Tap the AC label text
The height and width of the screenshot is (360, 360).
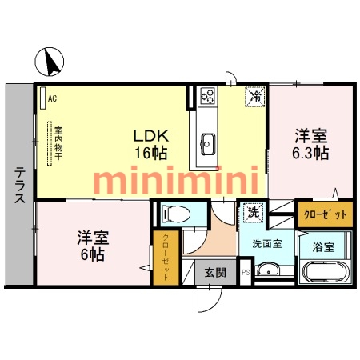click(x=53, y=98)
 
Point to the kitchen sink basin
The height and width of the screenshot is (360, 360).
click(x=207, y=144)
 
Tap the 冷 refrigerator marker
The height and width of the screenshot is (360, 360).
click(x=254, y=97)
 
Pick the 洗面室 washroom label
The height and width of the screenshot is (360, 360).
click(x=266, y=243)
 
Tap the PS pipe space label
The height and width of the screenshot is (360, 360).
click(x=246, y=273)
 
